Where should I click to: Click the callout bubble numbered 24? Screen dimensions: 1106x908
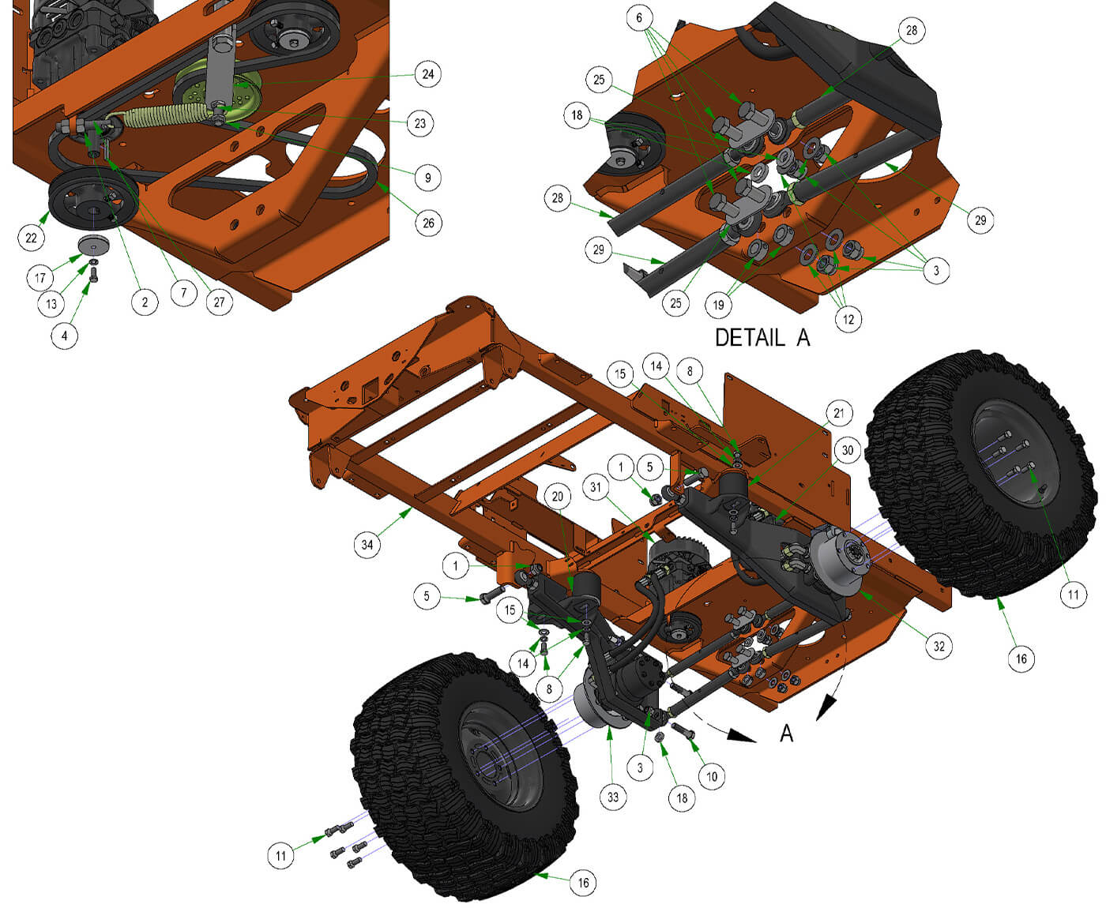[427, 74]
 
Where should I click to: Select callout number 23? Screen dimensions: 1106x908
[420, 124]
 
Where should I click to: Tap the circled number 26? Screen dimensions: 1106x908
[428, 223]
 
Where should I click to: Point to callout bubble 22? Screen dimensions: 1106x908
[31, 238]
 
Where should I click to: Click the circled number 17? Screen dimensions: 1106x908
[39, 277]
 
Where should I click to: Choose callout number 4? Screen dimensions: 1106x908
[65, 336]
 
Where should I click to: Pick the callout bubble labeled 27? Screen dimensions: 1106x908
[219, 302]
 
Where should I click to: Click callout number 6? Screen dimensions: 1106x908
[639, 18]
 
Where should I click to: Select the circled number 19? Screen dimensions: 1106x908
[718, 305]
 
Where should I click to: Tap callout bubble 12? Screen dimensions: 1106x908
[848, 319]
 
